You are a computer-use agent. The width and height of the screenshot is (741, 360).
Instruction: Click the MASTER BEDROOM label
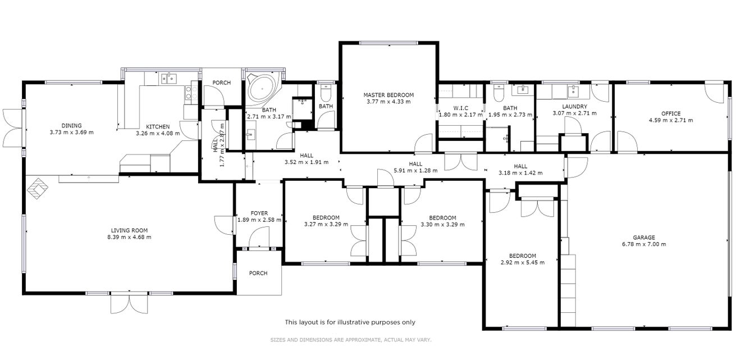[388, 95]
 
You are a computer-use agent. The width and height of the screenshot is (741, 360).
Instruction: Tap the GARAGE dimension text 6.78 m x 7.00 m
[644, 244]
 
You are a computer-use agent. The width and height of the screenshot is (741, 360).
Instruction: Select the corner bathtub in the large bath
[263, 89]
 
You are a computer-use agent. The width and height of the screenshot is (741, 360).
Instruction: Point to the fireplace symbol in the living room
[38, 189]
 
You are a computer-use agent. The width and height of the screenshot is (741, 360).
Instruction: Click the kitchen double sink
[169, 79]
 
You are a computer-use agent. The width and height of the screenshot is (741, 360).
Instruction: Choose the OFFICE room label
[671, 113]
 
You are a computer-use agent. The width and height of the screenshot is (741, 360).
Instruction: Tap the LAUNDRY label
[575, 107]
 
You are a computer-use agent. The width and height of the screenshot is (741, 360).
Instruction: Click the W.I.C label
[460, 108]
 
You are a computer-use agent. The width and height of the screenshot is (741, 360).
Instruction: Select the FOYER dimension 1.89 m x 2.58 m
[259, 220]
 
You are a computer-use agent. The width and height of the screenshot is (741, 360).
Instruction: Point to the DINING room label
[71, 125]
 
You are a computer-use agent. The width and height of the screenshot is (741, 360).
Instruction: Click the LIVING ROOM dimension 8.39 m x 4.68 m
[129, 237]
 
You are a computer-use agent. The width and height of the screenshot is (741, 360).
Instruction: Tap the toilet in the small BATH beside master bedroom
[326, 93]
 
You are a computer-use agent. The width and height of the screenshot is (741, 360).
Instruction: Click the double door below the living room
[129, 303]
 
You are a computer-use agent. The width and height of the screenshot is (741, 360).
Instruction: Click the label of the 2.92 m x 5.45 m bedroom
[522, 256]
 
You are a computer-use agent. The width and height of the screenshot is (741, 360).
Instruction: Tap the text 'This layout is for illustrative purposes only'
[350, 322]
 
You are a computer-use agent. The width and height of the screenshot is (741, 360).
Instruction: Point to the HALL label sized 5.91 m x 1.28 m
[415, 164]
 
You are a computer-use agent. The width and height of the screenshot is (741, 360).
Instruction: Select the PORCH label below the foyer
[258, 274]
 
